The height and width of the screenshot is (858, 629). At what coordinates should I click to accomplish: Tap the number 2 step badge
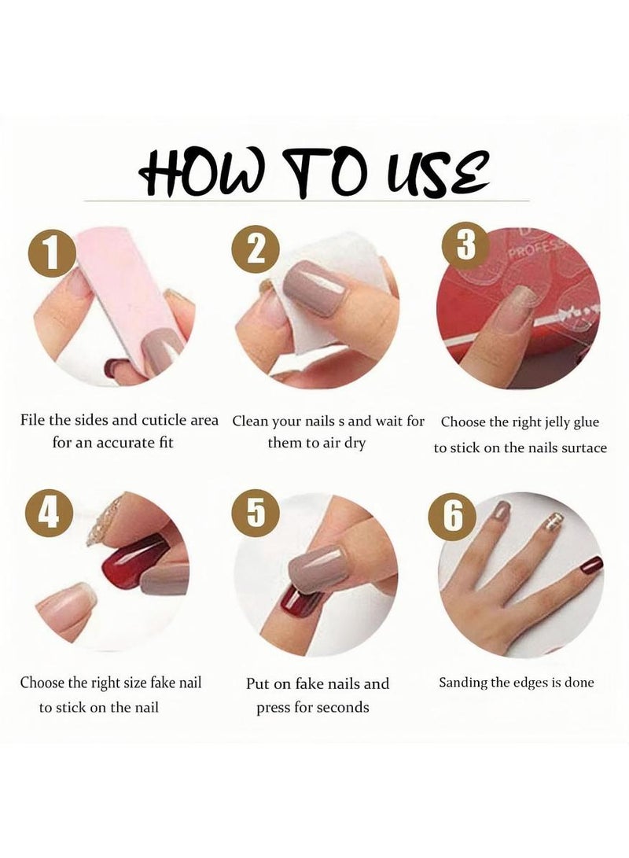(256, 250)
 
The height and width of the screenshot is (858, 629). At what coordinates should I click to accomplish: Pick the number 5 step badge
(256, 513)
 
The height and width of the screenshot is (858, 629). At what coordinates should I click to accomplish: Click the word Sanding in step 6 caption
(465, 682)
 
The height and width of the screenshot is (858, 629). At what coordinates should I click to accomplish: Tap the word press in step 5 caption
(274, 708)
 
